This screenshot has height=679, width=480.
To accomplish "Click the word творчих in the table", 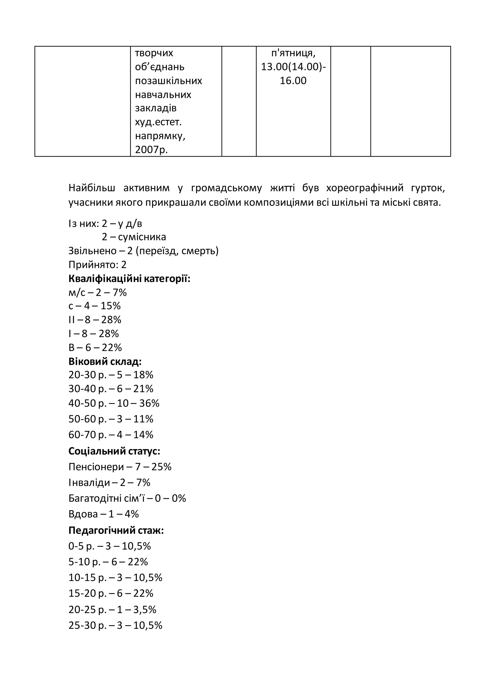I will coord(154,53).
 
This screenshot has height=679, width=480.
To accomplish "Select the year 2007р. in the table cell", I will coord(151,150).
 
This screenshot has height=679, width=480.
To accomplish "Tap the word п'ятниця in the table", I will coord(293,53).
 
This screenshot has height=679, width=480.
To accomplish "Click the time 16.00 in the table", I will coord(293,81).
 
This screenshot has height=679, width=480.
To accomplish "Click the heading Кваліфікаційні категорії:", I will coord(129,279).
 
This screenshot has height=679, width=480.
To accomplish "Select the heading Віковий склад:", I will coord(105,361).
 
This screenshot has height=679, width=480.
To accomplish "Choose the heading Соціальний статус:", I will coord(114,451).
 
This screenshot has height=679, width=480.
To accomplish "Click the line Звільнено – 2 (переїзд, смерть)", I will coord(143,251).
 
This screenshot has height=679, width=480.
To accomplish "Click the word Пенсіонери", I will coord(96,467).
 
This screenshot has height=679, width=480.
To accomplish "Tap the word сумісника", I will coord(142,237).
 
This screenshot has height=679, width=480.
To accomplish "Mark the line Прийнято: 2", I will coord(97,265).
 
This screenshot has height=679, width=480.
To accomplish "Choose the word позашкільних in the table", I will coord(169,81).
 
